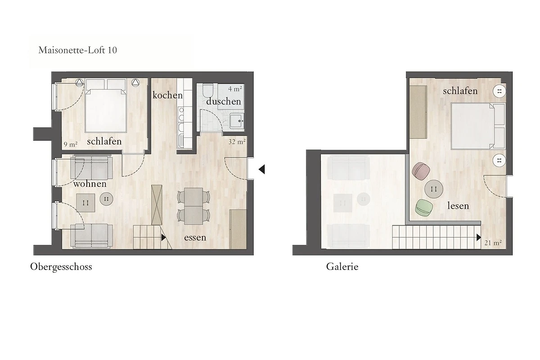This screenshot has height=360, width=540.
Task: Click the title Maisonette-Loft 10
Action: click(x=77, y=50)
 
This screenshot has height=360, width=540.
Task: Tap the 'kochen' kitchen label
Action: click(x=167, y=95)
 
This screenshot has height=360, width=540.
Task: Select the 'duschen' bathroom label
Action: click(x=224, y=101)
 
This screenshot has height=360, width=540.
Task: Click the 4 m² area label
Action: click(x=235, y=89)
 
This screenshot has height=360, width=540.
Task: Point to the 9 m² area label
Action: click(x=71, y=144)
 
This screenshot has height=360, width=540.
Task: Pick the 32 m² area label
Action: click(x=237, y=142)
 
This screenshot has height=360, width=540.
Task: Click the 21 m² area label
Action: click(x=493, y=243)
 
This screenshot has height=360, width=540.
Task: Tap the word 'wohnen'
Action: click(x=90, y=184)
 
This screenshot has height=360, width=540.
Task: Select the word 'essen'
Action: click(x=195, y=238)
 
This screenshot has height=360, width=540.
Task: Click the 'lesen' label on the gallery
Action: click(x=458, y=206)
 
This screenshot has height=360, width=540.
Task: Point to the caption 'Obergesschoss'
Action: click(x=61, y=267)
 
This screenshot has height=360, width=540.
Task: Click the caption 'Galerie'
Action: click(x=342, y=267)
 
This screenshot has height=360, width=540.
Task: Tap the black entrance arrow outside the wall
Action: click(x=262, y=169)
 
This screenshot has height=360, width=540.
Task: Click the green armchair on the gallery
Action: click(x=424, y=207)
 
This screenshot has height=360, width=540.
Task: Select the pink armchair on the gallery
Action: click(x=421, y=171)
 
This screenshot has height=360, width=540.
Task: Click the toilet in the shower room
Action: click(x=207, y=90)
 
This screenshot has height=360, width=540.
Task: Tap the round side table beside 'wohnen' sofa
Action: click(x=106, y=199)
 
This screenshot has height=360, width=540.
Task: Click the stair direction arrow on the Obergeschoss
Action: click(x=164, y=238)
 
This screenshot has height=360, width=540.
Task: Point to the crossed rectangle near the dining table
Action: click(x=157, y=205)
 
